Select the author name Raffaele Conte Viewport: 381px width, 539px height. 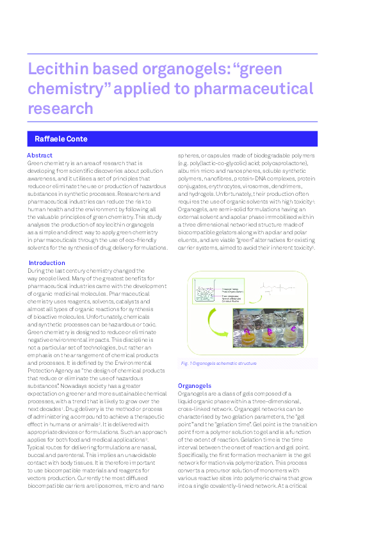pos(61,139)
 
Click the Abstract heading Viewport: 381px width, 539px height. pos(40,156)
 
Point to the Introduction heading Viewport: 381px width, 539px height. pos(47,262)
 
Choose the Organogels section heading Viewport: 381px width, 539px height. pos(194,385)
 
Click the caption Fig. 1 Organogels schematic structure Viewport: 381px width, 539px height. pos(219,363)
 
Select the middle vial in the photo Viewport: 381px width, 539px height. pos(268,332)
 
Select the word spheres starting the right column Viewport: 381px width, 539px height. pos(188,156)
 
